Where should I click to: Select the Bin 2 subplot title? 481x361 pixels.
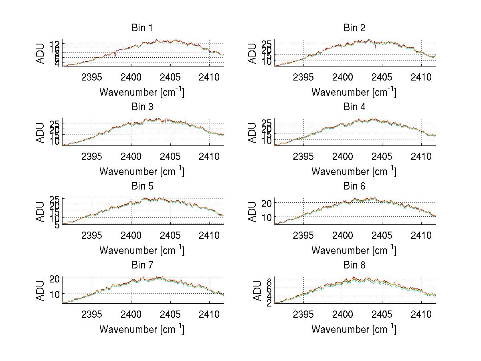click(x=354, y=28)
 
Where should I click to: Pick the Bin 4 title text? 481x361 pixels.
click(x=354, y=107)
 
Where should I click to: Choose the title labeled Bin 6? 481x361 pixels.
click(x=354, y=186)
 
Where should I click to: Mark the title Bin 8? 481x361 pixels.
click(x=354, y=265)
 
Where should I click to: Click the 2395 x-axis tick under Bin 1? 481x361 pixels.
click(x=92, y=77)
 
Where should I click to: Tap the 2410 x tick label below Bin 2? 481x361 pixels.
click(x=421, y=77)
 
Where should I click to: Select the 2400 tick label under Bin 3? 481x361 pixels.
click(x=131, y=156)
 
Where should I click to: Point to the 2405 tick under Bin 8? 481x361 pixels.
click(x=382, y=315)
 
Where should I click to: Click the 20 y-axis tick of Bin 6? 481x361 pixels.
click(x=268, y=203)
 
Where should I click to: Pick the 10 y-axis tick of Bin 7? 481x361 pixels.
click(x=56, y=294)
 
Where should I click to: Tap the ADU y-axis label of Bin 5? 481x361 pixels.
click(x=41, y=212)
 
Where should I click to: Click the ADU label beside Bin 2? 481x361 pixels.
click(x=253, y=53)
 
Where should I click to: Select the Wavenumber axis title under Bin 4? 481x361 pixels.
click(x=354, y=171)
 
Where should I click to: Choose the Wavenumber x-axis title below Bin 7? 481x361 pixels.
click(x=141, y=329)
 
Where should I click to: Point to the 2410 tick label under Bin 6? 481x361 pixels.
click(x=421, y=236)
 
